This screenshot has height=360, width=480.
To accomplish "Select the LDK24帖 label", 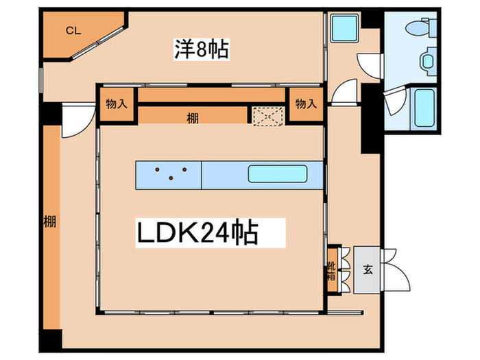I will pyautogui.click(x=198, y=233).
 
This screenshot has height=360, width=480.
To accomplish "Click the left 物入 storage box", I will pyautogui.click(x=117, y=104).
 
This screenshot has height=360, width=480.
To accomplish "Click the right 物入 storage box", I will pyautogui.click(x=305, y=104).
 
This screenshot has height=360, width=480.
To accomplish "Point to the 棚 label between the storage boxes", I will pyautogui.click(x=193, y=117).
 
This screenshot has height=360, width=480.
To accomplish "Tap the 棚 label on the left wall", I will pyautogui.click(x=49, y=221).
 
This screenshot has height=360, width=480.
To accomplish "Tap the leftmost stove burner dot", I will pyautogui.click(x=157, y=169).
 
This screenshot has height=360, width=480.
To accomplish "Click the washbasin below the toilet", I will pyautogui.click(x=427, y=60).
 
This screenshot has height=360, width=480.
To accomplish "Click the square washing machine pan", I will pyautogui.click(x=341, y=29).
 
